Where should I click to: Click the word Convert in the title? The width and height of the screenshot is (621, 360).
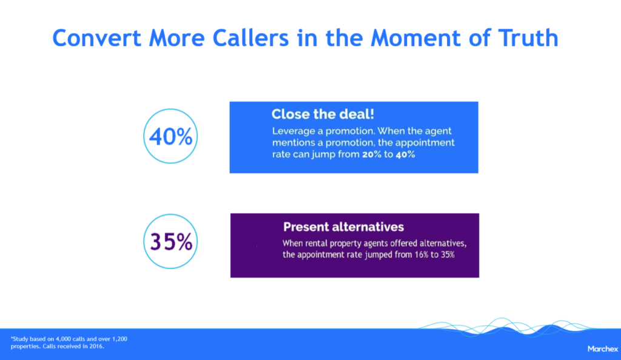tap(96, 38)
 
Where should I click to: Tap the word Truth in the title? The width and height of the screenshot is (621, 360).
tap(528, 38)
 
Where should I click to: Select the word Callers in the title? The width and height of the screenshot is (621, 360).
tap(250, 38)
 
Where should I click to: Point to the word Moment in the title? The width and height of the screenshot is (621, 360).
tap(415, 38)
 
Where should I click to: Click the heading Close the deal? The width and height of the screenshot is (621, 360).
tap(323, 115)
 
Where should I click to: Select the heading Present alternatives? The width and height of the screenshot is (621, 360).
tap(343, 227)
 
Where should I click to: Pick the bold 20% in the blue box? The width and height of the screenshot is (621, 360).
tap(372, 155)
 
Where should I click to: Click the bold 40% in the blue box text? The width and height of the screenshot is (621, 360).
tap(405, 155)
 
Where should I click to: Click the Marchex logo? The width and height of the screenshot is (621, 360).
tap(603, 349)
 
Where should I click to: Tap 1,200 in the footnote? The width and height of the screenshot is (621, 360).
tap(119, 339)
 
